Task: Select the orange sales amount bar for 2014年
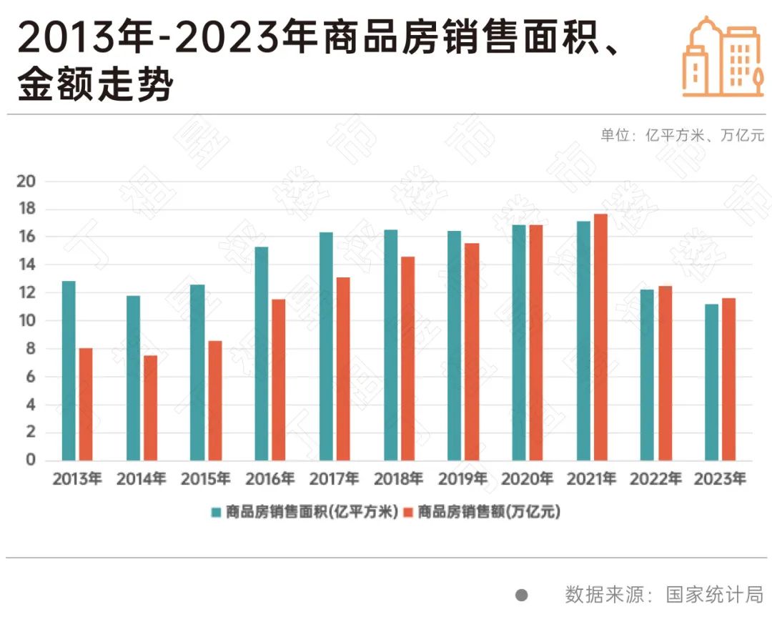[x=150, y=408]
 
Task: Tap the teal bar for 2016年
[x=262, y=353]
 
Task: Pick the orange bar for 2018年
[x=407, y=358]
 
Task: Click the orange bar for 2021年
[x=600, y=337]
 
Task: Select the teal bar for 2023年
[x=711, y=382]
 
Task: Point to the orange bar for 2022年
[x=665, y=372]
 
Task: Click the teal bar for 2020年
[x=519, y=342]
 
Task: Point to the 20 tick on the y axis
[x=26, y=181]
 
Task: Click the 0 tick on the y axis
[x=30, y=460]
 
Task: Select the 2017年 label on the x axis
[x=335, y=479]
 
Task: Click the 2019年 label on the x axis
[x=462, y=479]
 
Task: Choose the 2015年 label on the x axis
[x=206, y=479]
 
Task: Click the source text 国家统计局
[x=715, y=595]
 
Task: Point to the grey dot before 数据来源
[x=522, y=595]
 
